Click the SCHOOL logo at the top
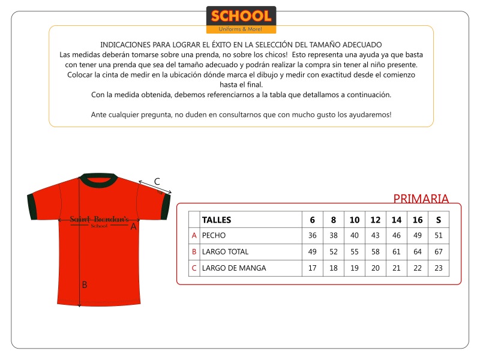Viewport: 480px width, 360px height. [241, 19]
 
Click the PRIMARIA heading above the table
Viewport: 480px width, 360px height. [421, 199]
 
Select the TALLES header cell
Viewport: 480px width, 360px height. [217, 220]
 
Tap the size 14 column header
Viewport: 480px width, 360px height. [397, 220]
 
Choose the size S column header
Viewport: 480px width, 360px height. [439, 220]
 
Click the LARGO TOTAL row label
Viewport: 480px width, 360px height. [225, 252]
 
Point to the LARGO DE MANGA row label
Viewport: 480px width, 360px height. [234, 268]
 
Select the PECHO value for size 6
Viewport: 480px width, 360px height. [312, 236]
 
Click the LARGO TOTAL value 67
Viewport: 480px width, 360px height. [439, 252]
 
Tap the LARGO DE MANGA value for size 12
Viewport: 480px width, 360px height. [376, 268]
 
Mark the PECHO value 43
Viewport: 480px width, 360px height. [376, 236]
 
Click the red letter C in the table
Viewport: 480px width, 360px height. [194, 268]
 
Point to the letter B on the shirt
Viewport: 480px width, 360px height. [85, 285]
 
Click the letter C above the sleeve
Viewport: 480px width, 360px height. [157, 181]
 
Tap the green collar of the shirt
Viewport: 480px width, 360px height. [100, 179]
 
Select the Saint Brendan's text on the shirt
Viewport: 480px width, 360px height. [99, 220]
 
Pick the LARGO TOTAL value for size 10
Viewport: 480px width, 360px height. [355, 252]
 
